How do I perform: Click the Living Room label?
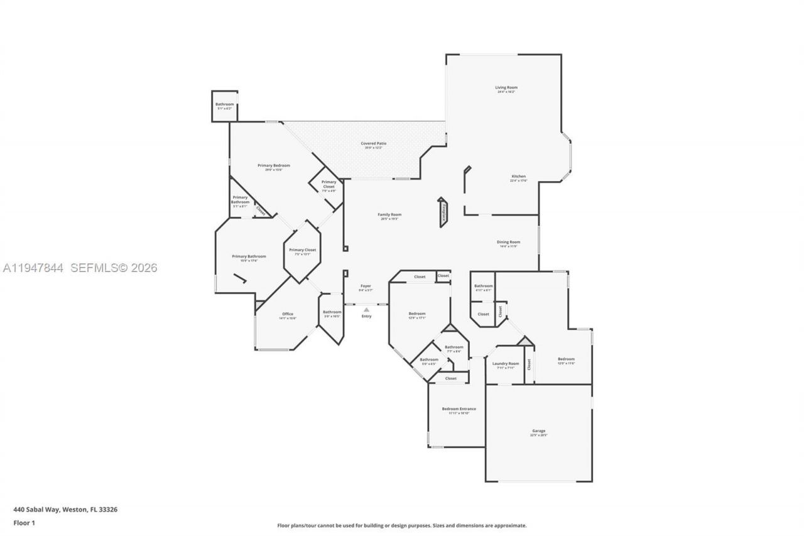point(506,88)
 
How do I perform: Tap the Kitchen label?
point(518,177)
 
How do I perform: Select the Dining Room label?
point(508,243)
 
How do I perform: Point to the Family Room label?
point(389,215)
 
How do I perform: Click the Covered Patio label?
point(373,144)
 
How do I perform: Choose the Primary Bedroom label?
point(273,166)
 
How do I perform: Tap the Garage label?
point(539,432)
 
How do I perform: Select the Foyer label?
point(366,287)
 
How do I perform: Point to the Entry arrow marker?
point(366,309)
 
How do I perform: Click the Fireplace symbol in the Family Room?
point(443,212)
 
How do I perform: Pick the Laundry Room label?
point(505,364)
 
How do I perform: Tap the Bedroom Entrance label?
point(459,410)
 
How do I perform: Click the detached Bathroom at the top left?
point(224,105)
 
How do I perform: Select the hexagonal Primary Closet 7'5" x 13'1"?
point(302,251)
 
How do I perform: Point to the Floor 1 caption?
point(24,523)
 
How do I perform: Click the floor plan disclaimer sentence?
point(402,525)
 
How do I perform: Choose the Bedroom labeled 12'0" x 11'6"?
point(566,360)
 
